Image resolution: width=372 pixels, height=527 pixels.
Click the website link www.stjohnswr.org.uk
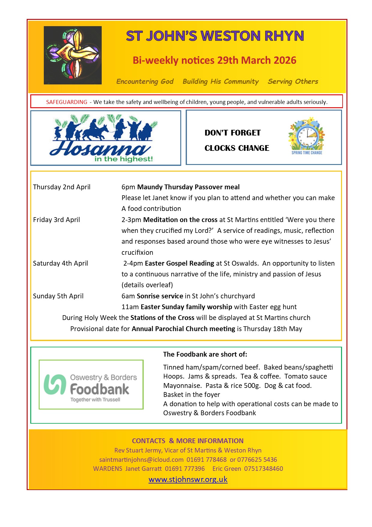188,479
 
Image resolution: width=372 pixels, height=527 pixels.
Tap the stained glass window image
73,55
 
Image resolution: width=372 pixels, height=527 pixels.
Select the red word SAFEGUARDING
67,102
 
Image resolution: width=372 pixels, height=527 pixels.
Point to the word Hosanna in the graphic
99,149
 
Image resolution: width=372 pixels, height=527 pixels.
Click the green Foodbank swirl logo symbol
55,384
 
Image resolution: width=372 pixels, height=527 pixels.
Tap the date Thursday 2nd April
61,187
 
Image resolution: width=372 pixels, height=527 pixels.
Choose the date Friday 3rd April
56,220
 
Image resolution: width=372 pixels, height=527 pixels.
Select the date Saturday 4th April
60,263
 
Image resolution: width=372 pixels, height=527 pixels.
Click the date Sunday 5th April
58,296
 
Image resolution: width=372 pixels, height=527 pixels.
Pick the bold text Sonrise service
160,296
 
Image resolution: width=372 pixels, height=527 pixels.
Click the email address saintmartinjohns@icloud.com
141,459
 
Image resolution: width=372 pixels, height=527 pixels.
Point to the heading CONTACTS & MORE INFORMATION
187,441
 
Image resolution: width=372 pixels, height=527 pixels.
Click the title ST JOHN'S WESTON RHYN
215,36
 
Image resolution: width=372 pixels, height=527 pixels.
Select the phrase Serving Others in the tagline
293,81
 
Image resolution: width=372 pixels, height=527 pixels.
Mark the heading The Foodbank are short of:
205,354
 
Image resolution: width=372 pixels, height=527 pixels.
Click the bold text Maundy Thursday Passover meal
188,187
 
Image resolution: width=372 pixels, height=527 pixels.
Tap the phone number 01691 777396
185,468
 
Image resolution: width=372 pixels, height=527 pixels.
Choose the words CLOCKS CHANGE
237,148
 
